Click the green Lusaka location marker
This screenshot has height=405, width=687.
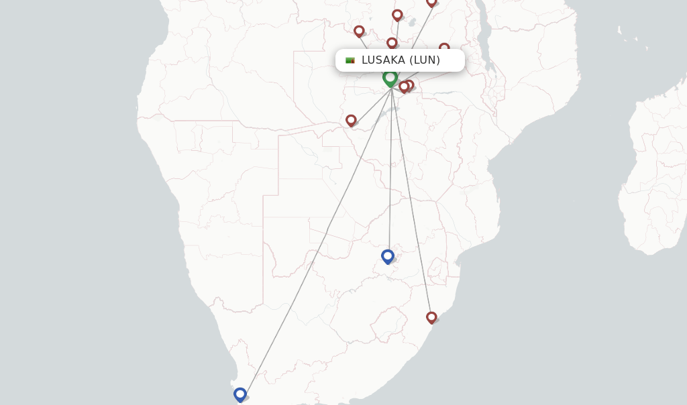tap(390, 78)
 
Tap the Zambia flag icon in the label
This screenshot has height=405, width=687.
tap(350, 60)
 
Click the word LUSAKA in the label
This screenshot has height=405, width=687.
tap(383, 60)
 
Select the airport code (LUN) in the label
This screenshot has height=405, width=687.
tap(425, 60)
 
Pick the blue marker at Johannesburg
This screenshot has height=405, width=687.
tap(387, 255)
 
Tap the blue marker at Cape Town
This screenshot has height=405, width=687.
tap(240, 394)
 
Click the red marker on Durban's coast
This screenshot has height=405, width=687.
tap(431, 316)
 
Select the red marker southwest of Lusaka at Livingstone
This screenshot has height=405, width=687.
tap(351, 119)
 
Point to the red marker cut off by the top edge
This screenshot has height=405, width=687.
tap(431, 3)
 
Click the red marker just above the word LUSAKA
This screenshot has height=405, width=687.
tap(392, 43)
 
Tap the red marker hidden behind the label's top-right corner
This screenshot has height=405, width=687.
tap(444, 48)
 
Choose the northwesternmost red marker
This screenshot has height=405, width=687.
tap(359, 30)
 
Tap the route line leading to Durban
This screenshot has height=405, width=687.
tap(411, 201)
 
